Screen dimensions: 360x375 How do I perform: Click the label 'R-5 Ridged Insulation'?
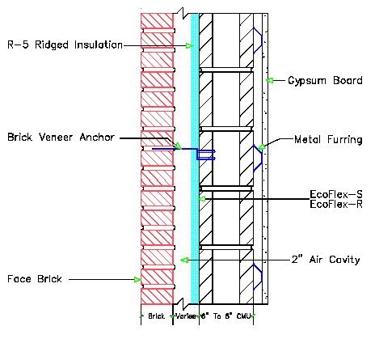65,45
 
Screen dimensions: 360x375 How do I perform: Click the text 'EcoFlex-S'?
335,195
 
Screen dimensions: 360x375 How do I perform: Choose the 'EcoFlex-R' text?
335,205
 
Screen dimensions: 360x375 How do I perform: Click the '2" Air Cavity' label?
324,260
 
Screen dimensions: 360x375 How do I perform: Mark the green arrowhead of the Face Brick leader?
137,279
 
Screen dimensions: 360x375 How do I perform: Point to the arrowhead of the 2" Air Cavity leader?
184,260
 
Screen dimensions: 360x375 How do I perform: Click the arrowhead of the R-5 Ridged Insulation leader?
190,45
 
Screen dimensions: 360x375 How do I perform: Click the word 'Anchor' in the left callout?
99,137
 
